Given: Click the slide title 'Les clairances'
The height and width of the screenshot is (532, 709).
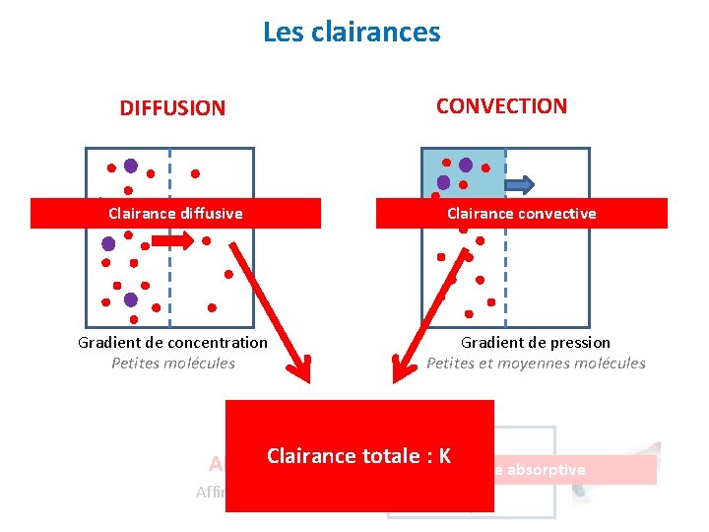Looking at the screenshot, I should (x=352, y=33).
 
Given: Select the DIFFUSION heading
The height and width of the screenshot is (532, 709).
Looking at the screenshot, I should (x=172, y=108).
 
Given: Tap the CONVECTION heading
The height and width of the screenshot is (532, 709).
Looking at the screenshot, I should (x=501, y=106).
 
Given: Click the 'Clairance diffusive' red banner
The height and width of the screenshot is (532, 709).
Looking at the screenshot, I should (x=175, y=213).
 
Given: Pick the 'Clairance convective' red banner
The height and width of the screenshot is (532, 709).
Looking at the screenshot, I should (x=521, y=213).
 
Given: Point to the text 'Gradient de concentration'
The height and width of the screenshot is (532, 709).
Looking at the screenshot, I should (x=172, y=343).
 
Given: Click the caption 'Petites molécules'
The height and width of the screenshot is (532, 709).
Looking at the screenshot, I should (x=173, y=364).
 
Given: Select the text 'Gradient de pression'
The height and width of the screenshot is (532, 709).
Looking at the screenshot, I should (x=536, y=343).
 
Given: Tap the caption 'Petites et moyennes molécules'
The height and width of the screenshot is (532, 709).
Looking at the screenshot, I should (x=536, y=364).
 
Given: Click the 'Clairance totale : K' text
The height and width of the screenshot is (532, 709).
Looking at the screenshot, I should (x=358, y=456).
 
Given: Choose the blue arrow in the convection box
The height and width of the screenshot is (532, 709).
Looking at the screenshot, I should (x=520, y=183).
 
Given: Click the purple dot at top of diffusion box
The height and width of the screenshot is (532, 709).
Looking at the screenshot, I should (x=131, y=166).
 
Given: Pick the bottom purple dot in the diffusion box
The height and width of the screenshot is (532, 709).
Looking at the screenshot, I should (x=130, y=299).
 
